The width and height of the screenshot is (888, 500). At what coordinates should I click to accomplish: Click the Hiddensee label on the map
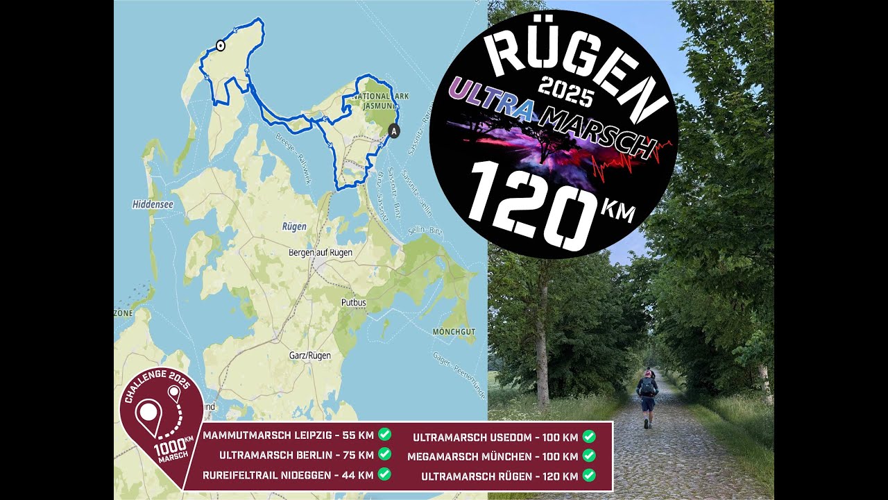point(152,204)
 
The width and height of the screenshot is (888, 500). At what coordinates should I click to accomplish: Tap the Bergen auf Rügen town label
point(321,253)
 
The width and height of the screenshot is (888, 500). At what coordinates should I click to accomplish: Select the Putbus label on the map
point(352,303)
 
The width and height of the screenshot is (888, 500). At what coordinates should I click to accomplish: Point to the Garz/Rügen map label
point(309,356)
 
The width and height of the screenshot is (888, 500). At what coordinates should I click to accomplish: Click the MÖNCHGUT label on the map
point(454,332)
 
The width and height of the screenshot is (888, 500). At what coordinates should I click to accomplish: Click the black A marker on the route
point(394,131)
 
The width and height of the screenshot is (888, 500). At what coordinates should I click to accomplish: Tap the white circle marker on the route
point(221,46)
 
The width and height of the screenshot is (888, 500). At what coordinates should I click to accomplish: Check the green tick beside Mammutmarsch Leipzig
point(384,435)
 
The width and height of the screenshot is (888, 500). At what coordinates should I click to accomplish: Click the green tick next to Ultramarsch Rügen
point(589,476)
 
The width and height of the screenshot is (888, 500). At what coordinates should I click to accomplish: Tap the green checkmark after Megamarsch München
point(589,456)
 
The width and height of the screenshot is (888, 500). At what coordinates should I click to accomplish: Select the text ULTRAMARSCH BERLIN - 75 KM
point(296,456)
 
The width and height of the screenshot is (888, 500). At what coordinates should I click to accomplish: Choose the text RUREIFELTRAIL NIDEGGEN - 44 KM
point(288,476)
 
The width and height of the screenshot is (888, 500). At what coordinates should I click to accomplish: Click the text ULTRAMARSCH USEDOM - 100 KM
point(495,437)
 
